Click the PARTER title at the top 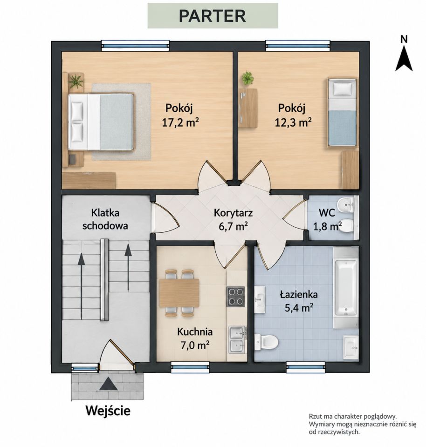click(x=212, y=16)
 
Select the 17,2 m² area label click(x=180, y=123)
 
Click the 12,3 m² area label click(x=293, y=123)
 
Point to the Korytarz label click(x=234, y=213)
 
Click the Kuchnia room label click(x=195, y=332)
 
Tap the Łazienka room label click(x=299, y=294)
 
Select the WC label click(x=327, y=213)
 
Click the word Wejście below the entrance click(x=108, y=411)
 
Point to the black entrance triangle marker click(x=108, y=384)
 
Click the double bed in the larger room click(x=101, y=122)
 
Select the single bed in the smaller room click(x=342, y=112)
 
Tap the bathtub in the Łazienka click(x=345, y=287)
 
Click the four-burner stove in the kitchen click(x=236, y=297)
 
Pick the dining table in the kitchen click(x=179, y=293)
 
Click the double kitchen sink click(x=237, y=340)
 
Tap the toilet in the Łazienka click(x=267, y=341)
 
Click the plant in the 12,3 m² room click(x=247, y=78)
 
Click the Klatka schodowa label click(x=105, y=219)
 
